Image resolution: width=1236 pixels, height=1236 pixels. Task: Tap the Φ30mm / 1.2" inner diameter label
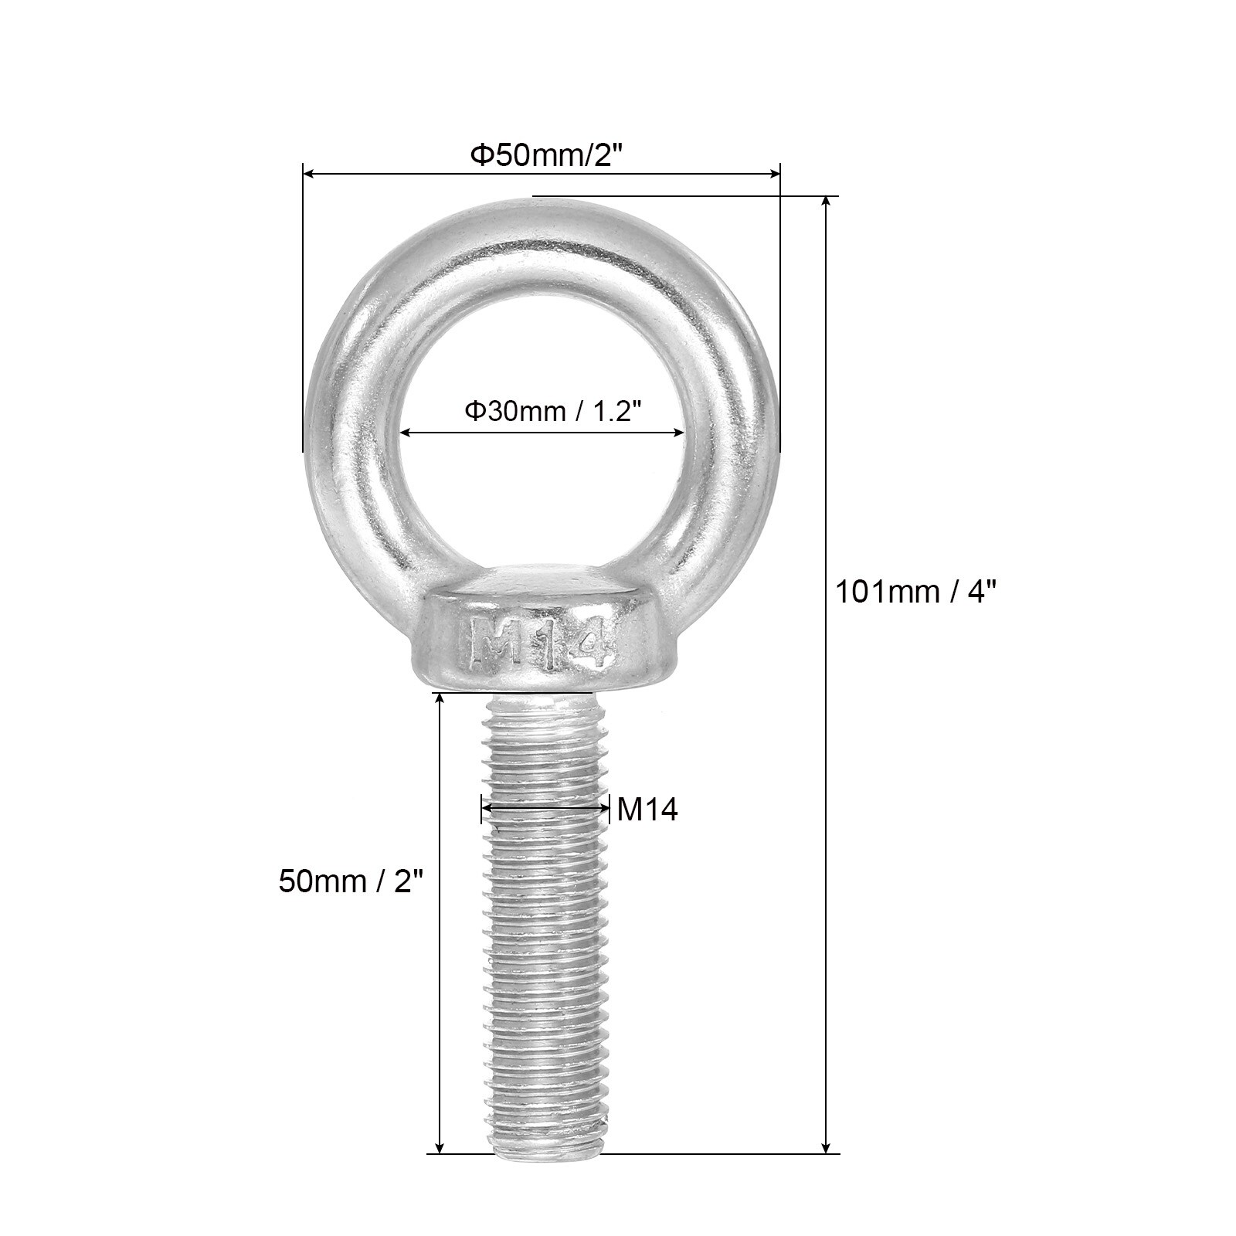point(554,412)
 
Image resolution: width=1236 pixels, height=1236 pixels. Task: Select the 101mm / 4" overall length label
point(916,593)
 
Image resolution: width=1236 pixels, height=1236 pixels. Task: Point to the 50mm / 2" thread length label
point(352,881)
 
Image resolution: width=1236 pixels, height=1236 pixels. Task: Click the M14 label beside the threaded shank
point(647,810)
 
